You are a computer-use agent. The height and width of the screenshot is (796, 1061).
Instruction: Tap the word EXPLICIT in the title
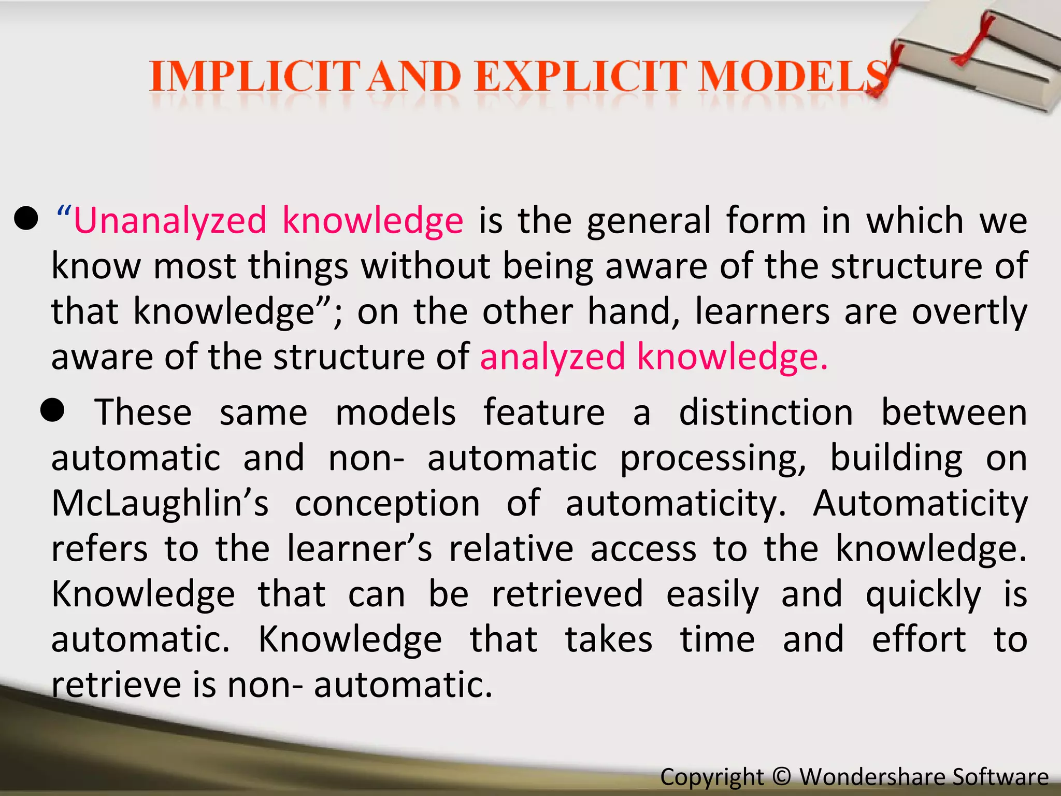[581, 77]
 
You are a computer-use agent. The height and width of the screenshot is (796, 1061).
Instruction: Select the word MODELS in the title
[793, 77]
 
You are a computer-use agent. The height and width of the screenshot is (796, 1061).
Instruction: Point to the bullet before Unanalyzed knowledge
[26, 219]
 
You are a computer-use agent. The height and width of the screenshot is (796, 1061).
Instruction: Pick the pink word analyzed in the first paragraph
[552, 357]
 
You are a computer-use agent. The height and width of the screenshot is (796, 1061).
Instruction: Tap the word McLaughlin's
[160, 504]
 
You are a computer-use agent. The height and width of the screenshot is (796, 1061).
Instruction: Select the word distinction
[766, 413]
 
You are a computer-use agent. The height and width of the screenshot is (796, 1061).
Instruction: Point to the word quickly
[923, 595]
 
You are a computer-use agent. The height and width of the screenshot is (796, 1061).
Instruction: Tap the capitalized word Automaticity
[920, 504]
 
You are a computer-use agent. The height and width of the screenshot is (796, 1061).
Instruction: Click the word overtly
[969, 312]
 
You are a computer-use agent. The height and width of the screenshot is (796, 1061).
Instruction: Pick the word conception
[388, 504]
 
